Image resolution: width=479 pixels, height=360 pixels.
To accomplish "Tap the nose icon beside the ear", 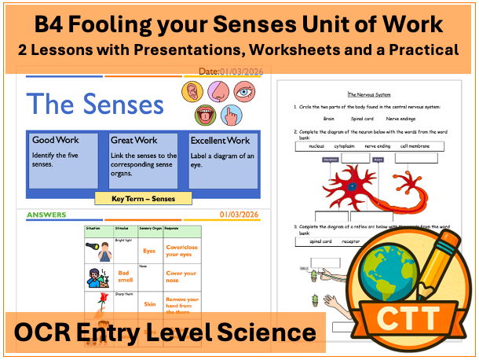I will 216,92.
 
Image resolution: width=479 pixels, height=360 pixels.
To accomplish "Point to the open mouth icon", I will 207,114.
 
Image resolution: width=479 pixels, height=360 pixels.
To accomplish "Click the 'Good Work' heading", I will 50,141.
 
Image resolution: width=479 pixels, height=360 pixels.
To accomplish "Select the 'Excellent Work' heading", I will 220,141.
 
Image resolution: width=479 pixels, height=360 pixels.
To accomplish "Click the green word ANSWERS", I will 46,215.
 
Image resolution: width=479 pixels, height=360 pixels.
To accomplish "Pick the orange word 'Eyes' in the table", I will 148,251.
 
